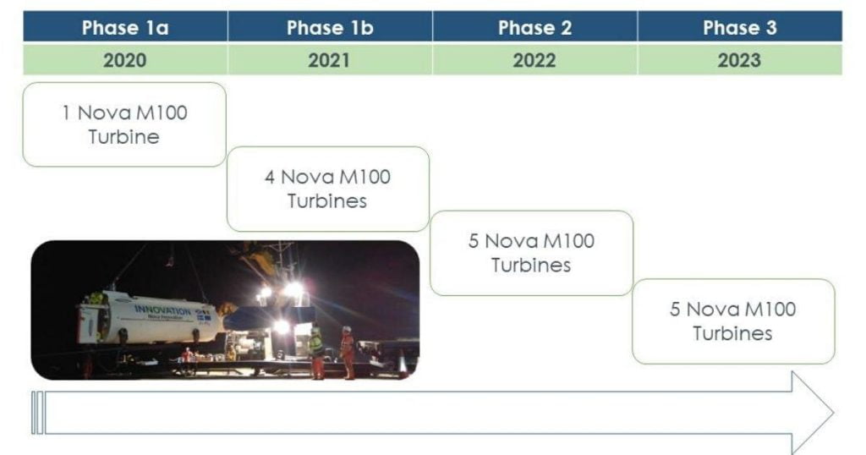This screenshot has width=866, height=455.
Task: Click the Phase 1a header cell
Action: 125,27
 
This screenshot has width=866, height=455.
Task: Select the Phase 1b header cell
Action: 331,27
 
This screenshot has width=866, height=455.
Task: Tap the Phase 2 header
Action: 534,27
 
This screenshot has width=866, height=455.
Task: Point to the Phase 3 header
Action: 740,27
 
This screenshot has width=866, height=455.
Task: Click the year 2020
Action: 125,60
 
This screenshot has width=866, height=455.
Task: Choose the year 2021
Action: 329,60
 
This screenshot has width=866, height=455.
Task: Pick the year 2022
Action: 534,60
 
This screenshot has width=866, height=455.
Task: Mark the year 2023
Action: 739,60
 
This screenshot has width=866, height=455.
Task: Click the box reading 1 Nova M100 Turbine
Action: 124,125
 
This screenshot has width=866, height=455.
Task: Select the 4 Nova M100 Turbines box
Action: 328,189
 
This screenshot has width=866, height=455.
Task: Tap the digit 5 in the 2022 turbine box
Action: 474,241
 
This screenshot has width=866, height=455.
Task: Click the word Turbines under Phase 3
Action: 732,333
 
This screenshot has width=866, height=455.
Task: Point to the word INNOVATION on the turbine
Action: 162,310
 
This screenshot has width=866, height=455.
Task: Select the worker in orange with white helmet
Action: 348,353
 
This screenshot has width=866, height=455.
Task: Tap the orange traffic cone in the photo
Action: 403,365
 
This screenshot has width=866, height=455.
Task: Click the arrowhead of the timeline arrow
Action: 813,413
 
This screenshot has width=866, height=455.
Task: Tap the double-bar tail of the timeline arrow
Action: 37,413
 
